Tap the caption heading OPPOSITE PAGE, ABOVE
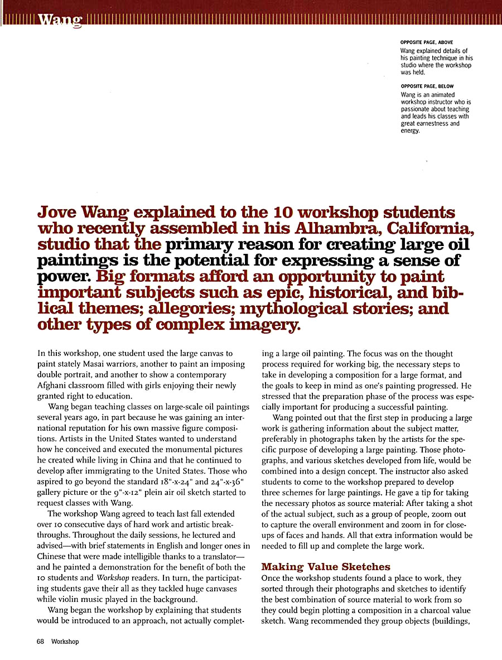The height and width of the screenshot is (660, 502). [427, 42]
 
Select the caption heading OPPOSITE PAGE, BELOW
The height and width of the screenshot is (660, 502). [427, 86]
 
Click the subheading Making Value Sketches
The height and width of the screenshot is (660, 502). [326, 567]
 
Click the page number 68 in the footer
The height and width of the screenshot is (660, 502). [41, 642]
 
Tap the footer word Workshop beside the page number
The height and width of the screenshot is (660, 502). [65, 642]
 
